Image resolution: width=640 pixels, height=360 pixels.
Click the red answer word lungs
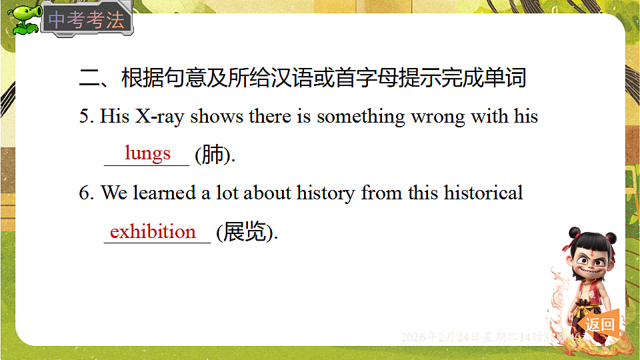[147, 154]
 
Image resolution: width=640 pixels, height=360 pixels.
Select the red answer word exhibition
[153, 232]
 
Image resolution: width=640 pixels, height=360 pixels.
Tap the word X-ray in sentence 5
[160, 117]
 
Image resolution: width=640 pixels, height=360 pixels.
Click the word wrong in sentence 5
[438, 117]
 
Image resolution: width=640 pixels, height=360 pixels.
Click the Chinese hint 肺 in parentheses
[213, 155]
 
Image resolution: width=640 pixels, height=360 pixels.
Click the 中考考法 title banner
[87, 20]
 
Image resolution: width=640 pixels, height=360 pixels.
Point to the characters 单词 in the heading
[506, 79]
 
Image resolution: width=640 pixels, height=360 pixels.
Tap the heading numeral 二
[89, 79]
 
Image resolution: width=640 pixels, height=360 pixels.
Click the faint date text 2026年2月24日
[440, 337]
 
